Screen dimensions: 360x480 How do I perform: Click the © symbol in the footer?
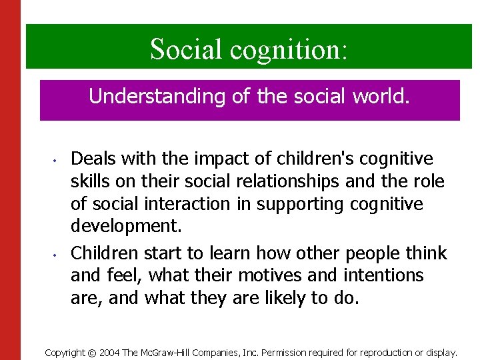[92, 352]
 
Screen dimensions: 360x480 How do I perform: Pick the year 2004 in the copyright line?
[111, 352]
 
